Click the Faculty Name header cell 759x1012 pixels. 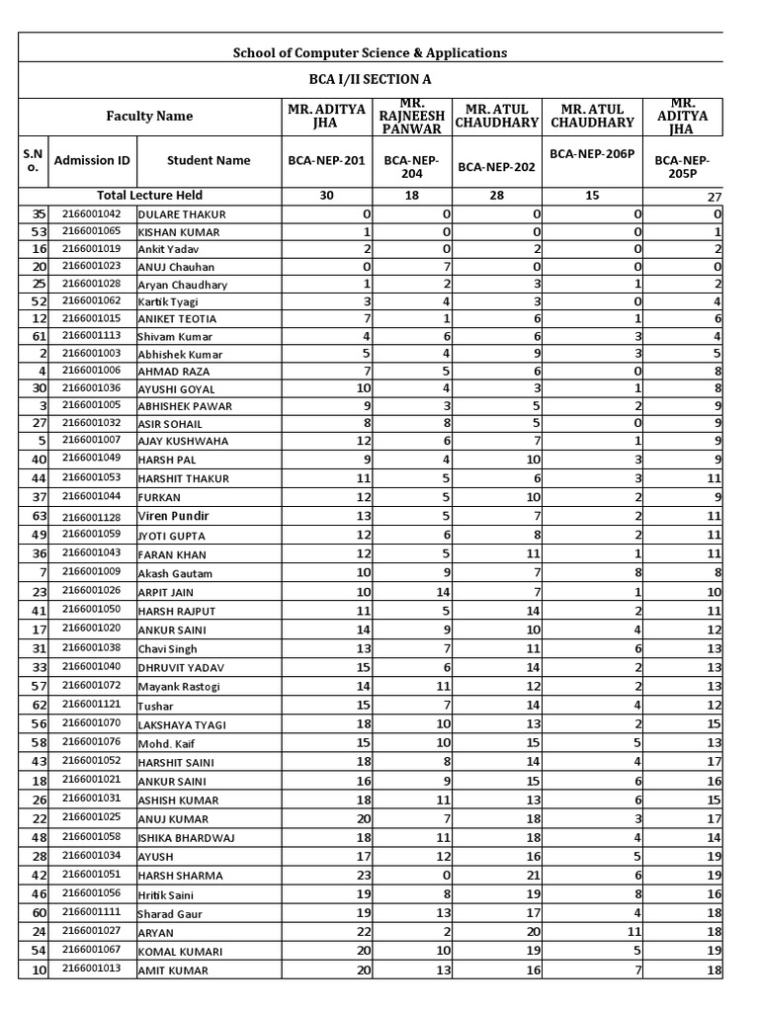coord(149,117)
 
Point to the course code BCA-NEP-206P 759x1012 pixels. coord(592,155)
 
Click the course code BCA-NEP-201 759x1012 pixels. coord(326,160)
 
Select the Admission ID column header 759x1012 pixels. coord(92,160)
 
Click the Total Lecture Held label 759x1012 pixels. coord(149,196)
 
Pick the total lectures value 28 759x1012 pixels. coord(496,196)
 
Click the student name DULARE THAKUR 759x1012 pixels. coord(182,214)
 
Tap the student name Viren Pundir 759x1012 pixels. coord(173,516)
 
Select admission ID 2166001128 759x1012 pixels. coord(91,517)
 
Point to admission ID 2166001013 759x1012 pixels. coord(91,970)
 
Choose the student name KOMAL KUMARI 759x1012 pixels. coord(180,952)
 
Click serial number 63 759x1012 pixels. coord(40,516)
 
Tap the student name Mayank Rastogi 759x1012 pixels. coord(179,687)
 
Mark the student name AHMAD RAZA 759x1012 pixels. coord(174,373)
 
